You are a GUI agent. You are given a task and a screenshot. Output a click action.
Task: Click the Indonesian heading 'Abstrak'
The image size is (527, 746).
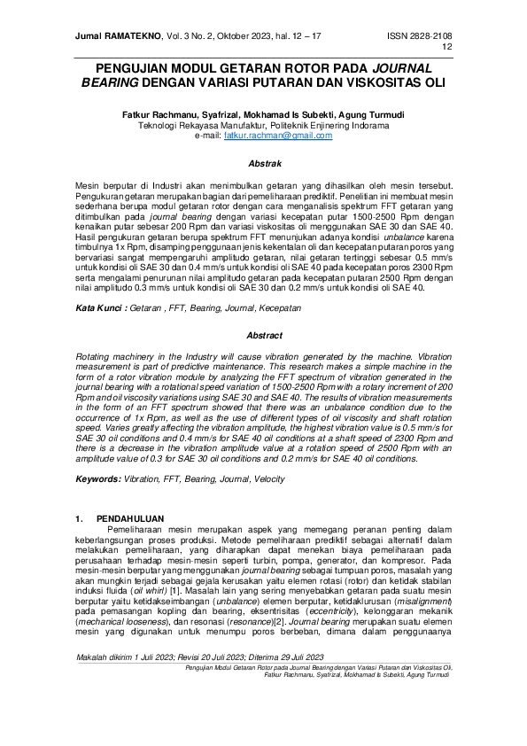pyautogui.click(x=264, y=164)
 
